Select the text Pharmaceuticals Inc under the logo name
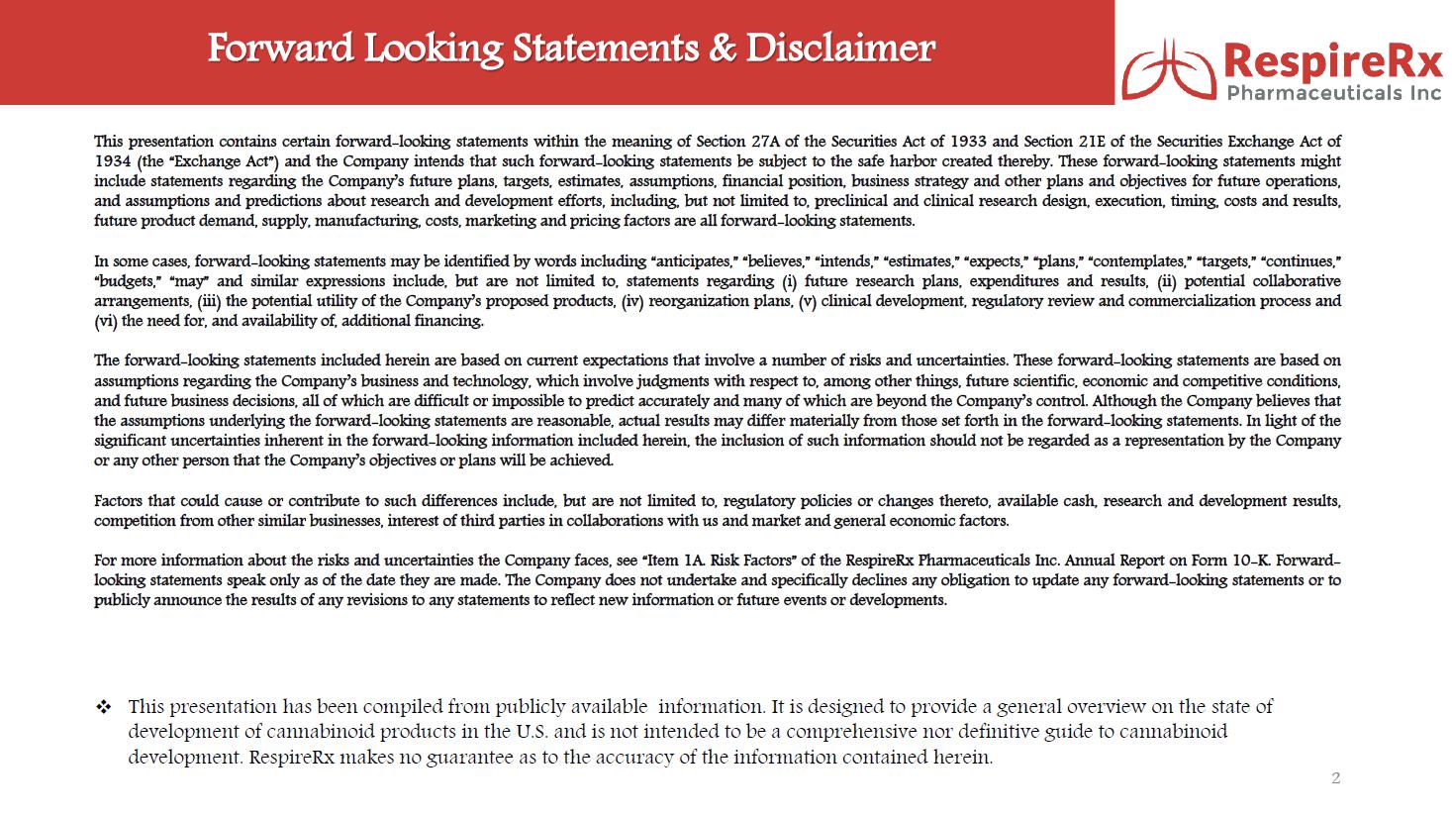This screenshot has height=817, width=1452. [x=1334, y=93]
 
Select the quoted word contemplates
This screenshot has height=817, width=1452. [x=1138, y=261]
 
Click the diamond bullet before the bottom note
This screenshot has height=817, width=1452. [x=103, y=707]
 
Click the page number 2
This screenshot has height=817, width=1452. [x=1335, y=778]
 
